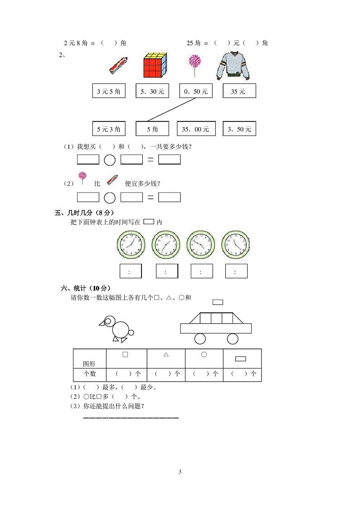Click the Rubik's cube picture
click(155, 65)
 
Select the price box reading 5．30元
click(152, 91)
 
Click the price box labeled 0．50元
click(196, 91)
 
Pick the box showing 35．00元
click(196, 129)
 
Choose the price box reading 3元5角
click(109, 91)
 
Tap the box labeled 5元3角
click(109, 129)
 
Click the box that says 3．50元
click(239, 129)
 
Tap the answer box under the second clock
click(166, 271)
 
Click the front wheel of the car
click(199, 339)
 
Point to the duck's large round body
click(121, 330)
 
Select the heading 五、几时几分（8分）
click(84, 213)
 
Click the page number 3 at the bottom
click(180, 472)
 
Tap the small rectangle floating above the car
click(218, 302)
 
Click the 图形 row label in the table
click(89, 364)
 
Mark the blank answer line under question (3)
click(131, 417)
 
